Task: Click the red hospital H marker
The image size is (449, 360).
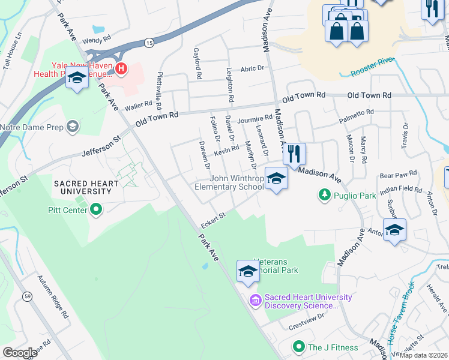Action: click(121, 69)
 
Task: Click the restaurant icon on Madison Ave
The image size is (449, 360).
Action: click(294, 154)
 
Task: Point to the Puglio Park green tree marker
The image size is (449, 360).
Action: click(324, 194)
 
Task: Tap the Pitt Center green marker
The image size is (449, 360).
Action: click(96, 210)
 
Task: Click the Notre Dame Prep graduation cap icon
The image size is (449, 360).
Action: click(73, 127)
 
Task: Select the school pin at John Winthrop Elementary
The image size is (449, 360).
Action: click(276, 179)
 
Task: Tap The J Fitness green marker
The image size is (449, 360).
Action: click(298, 347)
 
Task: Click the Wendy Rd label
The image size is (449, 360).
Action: click(97, 41)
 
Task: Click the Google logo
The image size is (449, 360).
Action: click(20, 353)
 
